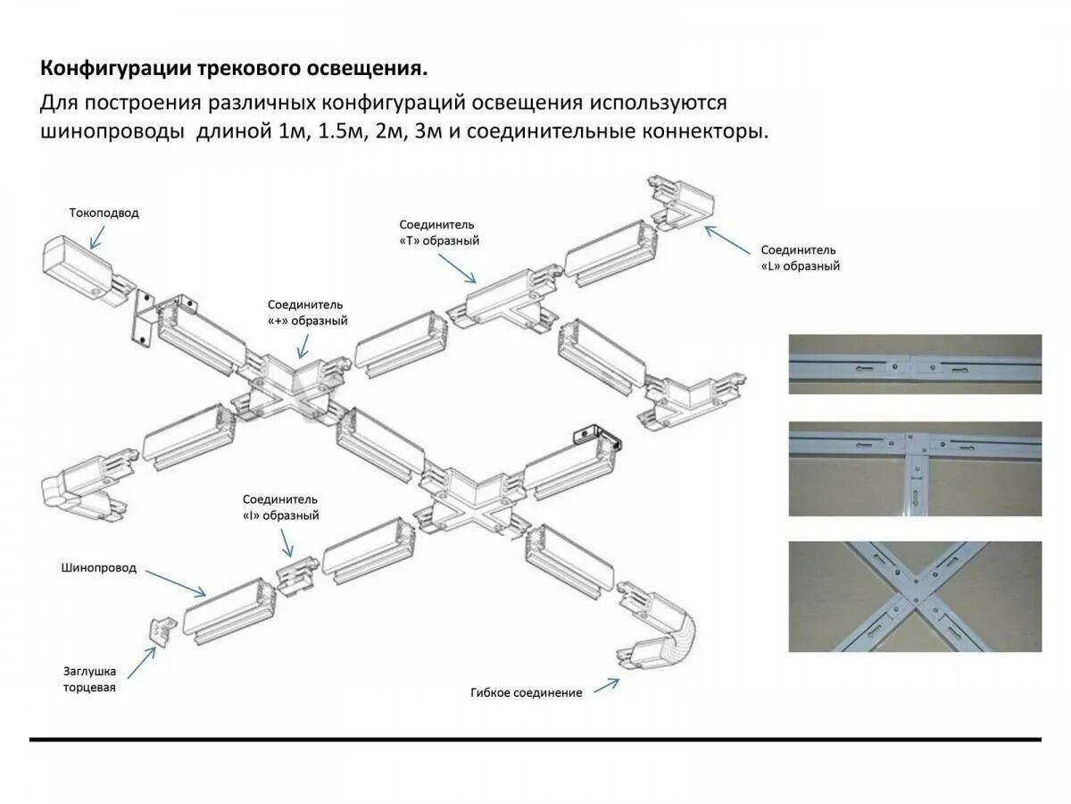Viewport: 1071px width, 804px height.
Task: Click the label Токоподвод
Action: coord(104,214)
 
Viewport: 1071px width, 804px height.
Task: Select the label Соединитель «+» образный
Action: coord(306,313)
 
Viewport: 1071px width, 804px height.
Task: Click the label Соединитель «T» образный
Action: coord(439,232)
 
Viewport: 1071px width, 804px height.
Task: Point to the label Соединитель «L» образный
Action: coord(799,258)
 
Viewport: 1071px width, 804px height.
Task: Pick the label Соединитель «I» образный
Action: coord(280,507)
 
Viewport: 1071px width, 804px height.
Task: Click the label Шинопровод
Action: coord(99,567)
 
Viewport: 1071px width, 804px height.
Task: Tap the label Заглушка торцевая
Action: coord(89,679)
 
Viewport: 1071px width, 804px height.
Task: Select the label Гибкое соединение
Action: coord(526,692)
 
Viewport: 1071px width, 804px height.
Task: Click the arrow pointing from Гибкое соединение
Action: coord(606,685)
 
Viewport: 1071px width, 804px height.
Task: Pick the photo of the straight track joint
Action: coord(915,364)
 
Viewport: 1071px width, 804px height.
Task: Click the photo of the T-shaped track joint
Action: coord(915,468)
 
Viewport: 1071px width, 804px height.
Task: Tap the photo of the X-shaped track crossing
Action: coord(915,596)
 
